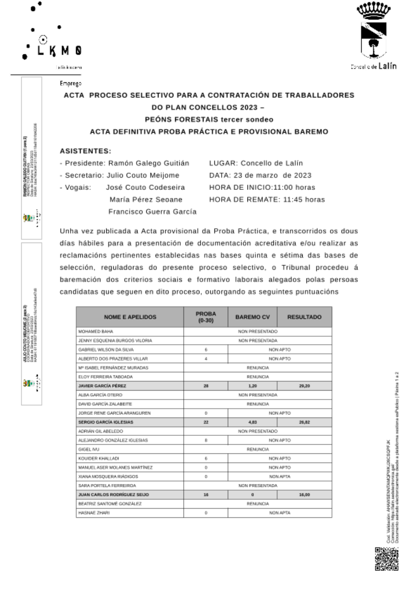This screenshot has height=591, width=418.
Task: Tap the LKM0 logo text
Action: (59, 51)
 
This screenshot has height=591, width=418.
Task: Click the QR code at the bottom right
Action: (386, 559)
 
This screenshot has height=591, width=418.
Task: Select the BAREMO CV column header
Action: (252, 317)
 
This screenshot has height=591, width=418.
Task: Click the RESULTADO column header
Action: (304, 317)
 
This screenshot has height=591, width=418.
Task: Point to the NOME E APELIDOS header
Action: (130, 317)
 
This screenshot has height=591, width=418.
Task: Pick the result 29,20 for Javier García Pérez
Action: (304, 386)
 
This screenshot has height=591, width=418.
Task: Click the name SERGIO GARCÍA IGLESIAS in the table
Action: (106, 422)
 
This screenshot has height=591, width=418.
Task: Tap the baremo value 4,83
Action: (252, 422)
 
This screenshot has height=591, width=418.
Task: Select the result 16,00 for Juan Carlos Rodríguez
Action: (304, 495)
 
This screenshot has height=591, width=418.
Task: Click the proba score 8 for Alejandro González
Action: (206, 440)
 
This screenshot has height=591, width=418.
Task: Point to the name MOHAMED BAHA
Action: (96, 332)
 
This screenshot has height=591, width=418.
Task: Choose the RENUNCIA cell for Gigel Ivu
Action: (257, 450)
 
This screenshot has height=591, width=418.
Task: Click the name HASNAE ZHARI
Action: (94, 513)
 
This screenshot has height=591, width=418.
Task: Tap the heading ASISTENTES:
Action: (86, 151)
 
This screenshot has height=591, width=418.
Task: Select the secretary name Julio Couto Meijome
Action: (143, 175)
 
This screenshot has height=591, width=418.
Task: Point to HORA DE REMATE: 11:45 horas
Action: (267, 200)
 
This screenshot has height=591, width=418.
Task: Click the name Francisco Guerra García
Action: (153, 212)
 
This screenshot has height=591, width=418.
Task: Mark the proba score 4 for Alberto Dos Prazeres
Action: (206, 359)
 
